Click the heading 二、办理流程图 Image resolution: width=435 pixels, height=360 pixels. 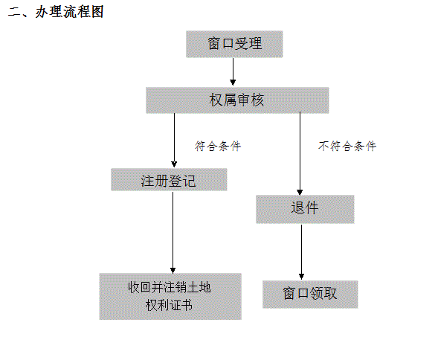tap(56, 12)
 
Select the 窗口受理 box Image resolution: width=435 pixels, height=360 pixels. tap(234, 44)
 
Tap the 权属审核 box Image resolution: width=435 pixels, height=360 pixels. tap(237, 100)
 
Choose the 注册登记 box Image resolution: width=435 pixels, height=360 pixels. tap(169, 179)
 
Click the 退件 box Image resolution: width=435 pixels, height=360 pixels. tap(305, 209)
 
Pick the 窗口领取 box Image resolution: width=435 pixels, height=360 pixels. tap(310, 295)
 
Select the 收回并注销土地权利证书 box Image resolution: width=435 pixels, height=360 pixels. tap(170, 297)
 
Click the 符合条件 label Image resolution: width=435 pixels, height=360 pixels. tap(218, 146)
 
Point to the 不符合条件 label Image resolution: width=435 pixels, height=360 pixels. tap(347, 146)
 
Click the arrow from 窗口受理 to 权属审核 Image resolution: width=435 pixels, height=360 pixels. tap(233, 71)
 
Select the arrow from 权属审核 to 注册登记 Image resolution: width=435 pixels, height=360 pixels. tap(174, 140)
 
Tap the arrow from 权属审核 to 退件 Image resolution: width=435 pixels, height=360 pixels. tap(300, 153)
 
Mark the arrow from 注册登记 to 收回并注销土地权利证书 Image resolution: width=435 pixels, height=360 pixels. tap(173, 233)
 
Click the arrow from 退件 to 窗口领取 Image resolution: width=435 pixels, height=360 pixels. tap(302, 252)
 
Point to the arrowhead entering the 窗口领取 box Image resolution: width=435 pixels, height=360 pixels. tap(302, 277)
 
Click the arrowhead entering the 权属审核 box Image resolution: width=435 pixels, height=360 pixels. tap(233, 83)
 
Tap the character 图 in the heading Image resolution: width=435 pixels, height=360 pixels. tap(97, 12)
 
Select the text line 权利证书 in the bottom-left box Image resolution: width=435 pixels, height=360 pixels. tap(169, 305)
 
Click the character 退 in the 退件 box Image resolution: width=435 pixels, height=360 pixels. tap(297, 208)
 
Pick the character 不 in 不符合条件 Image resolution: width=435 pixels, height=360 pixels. tap(324, 146)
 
